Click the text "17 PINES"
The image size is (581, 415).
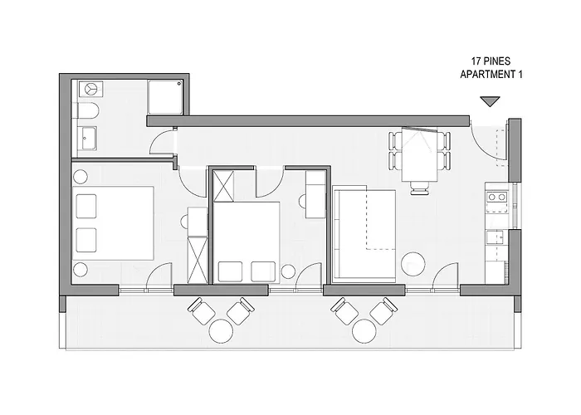coord(491,61)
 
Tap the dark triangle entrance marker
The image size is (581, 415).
coord(491,101)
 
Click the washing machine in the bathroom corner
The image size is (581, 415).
coord(89,88)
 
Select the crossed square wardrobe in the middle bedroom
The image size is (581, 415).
coord(224,185)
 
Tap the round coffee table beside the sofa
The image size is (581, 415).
coord(413,266)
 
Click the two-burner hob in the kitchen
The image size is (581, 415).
coord(497,198)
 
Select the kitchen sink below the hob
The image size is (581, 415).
coord(498,238)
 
